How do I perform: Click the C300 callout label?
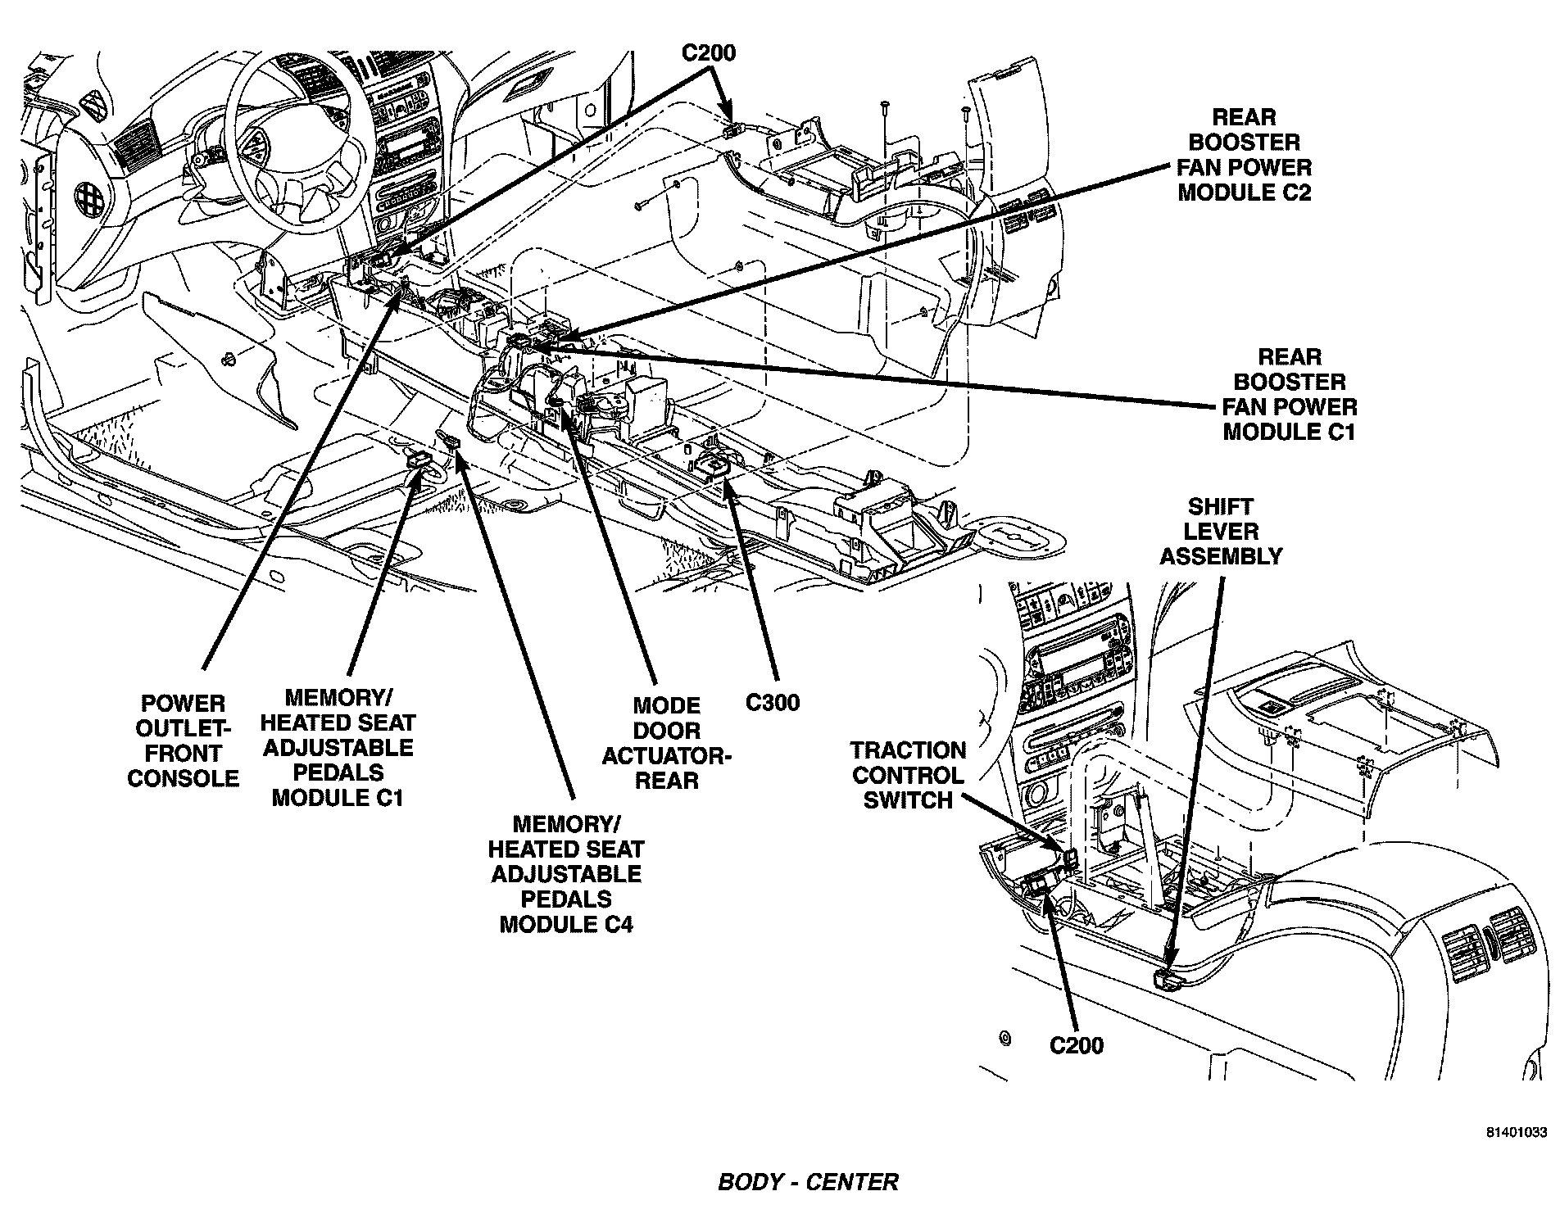(x=772, y=702)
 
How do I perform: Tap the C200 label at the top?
(x=709, y=53)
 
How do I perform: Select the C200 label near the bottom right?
(x=1077, y=1045)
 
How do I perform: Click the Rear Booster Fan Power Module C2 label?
(x=1244, y=155)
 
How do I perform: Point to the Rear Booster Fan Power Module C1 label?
(x=1290, y=394)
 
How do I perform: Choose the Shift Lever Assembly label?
(x=1221, y=532)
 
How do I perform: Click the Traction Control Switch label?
(x=908, y=775)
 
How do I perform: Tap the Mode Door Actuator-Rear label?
(x=666, y=743)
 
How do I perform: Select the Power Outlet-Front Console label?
(x=183, y=741)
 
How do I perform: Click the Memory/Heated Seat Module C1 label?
(x=338, y=747)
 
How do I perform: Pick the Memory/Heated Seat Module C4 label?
(x=566, y=873)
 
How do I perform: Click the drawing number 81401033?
(x=1517, y=1133)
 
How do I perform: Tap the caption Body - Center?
(x=808, y=1182)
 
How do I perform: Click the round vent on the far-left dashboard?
(x=87, y=193)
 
